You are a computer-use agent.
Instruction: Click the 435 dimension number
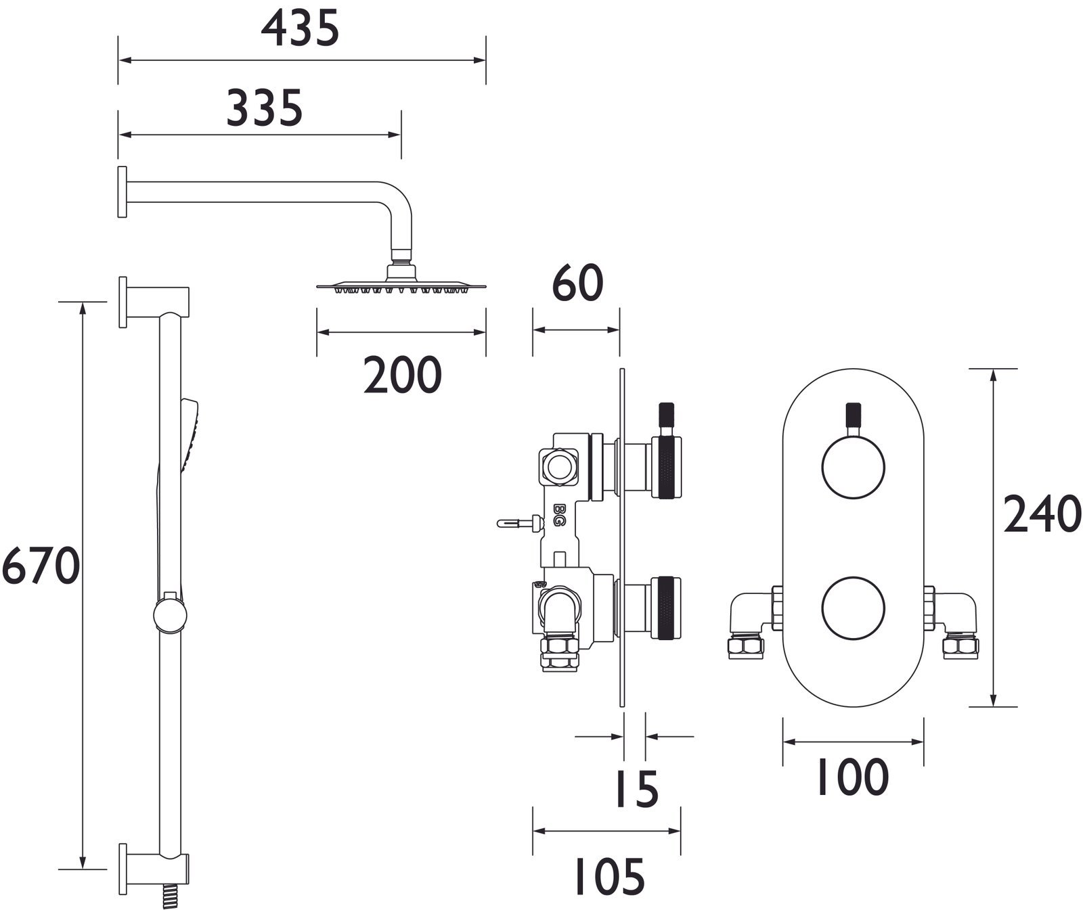300,30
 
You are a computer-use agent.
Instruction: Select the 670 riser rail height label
41,566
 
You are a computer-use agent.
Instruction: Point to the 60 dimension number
577,284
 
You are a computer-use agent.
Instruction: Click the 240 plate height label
1042,515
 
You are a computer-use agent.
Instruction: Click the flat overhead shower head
401,286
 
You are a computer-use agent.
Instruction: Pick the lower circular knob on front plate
853,608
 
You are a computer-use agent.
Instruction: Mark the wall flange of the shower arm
122,191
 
